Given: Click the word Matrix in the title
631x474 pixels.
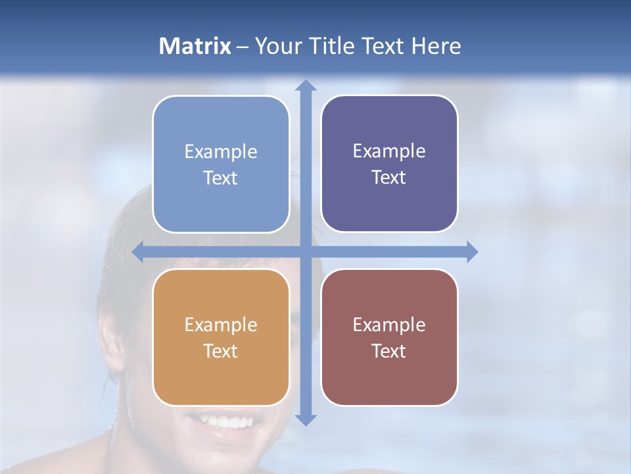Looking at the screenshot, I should tap(195, 46).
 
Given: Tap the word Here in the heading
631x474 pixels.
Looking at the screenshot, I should tap(436, 46).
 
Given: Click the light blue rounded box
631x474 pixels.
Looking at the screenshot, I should tap(221, 165).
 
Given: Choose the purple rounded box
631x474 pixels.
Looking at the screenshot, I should tap(389, 164).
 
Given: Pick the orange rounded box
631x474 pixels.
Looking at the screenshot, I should tap(221, 337).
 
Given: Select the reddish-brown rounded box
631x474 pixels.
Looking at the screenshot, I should tap(389, 337).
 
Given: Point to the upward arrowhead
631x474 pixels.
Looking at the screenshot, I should tap(306, 85).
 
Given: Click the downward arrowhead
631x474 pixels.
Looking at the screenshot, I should tap(306, 419).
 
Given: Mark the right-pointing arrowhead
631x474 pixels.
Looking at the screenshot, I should tap(471, 251).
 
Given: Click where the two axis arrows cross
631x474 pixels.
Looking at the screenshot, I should tap(306, 251).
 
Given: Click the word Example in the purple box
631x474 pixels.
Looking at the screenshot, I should tap(389, 151).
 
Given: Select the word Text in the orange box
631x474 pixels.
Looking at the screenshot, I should tap(220, 351).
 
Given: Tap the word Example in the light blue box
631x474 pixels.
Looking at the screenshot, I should tap(221, 152).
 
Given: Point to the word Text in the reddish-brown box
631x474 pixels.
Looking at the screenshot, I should tap(388, 351).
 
